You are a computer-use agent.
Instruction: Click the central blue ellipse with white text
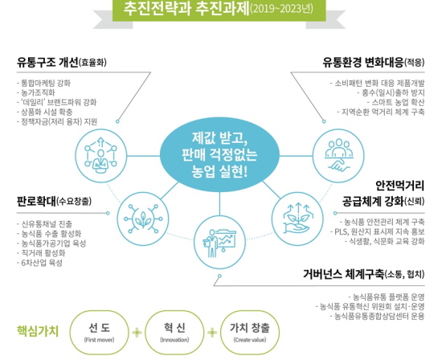[x=219, y=154]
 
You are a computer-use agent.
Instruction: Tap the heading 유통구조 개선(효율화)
[x=61, y=63]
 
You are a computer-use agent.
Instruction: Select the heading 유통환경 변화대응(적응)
[x=374, y=63]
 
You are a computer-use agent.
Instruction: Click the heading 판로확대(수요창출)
[x=54, y=201]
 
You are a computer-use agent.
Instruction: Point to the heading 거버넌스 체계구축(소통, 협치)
[x=363, y=274]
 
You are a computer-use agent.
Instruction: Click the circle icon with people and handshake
[x=338, y=156]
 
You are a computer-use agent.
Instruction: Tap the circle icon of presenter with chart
[x=219, y=243]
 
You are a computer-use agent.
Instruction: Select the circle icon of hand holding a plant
[x=297, y=219]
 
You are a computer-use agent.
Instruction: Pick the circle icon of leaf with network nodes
[x=143, y=219]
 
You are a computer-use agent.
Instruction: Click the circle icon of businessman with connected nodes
[x=101, y=156]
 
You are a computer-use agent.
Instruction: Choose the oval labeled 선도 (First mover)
[x=99, y=333]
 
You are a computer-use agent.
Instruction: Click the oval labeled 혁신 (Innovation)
[x=174, y=333]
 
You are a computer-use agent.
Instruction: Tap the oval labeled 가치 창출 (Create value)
[x=250, y=333]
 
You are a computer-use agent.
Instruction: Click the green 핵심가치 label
[x=38, y=331]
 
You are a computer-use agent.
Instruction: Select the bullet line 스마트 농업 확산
[x=395, y=102]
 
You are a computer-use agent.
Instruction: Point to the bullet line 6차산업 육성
[x=39, y=263]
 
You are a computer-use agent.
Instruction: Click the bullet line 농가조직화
[x=36, y=92]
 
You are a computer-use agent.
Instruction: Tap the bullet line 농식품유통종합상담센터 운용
[x=378, y=316]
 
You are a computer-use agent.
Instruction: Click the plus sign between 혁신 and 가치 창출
[x=212, y=333]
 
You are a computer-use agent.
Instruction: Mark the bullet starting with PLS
[x=378, y=231]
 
